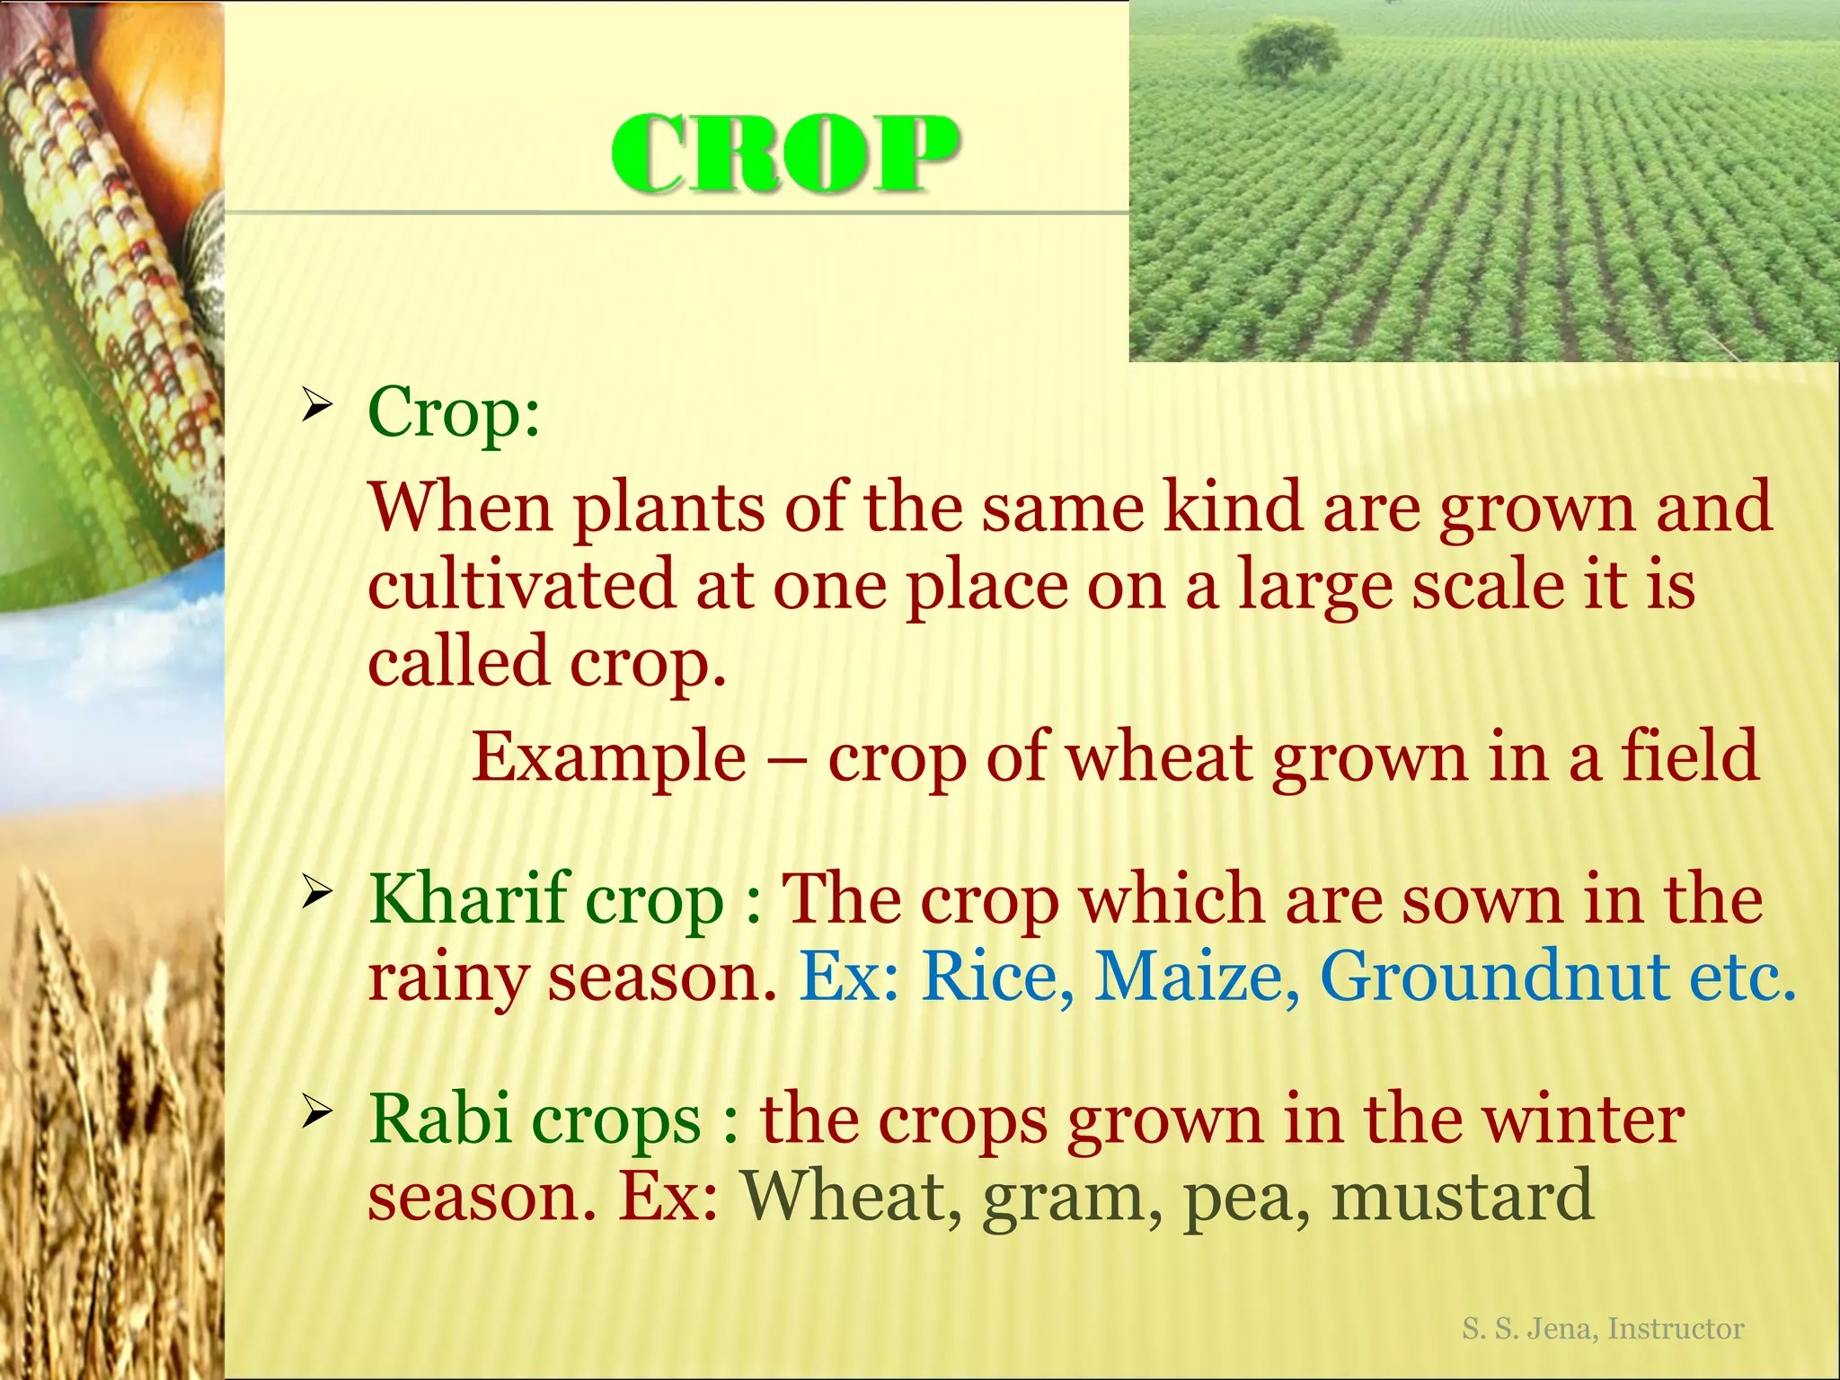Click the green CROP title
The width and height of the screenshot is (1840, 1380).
785,155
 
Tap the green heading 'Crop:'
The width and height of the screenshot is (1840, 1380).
454,412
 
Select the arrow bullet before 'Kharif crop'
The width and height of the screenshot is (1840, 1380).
317,893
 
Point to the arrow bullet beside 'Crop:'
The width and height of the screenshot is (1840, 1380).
317,406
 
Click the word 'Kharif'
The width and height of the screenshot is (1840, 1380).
467,898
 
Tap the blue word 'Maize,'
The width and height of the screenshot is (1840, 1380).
1196,977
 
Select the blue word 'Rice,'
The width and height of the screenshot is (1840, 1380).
997,977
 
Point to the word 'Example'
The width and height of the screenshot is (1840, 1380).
609,757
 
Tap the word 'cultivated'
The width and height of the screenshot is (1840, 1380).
521,584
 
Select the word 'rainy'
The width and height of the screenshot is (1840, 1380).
447,979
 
